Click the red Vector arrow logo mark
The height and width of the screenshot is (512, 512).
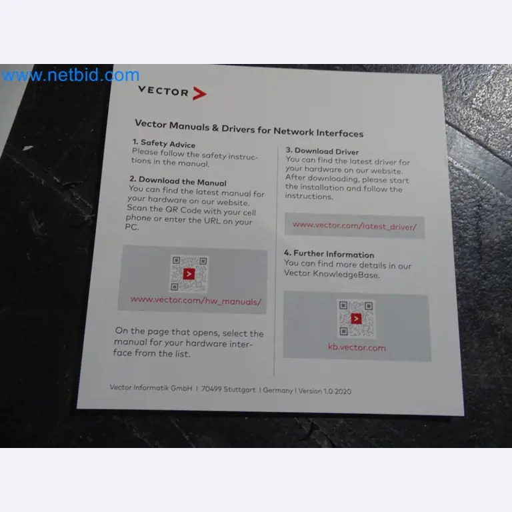pyautogui.click(x=199, y=93)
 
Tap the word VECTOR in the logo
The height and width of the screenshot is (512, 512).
pyautogui.click(x=163, y=91)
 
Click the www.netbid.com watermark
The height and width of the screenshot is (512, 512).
pyautogui.click(x=71, y=75)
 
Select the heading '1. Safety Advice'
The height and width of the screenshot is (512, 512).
pyautogui.click(x=164, y=143)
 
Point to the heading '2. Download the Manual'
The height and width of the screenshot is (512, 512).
pyautogui.click(x=177, y=181)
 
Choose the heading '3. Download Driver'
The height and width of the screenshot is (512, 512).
pyautogui.click(x=322, y=151)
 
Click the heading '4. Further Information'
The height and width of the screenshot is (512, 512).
pyautogui.click(x=329, y=254)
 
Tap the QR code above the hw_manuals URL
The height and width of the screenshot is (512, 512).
pyautogui.click(x=189, y=273)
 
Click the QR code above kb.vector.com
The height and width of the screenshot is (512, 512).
pyautogui.click(x=356, y=319)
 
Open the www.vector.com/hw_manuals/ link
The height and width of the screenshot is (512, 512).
pyautogui.click(x=196, y=301)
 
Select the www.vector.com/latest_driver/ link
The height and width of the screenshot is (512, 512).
pyautogui.click(x=355, y=225)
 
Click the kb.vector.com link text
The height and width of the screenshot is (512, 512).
pyautogui.click(x=357, y=347)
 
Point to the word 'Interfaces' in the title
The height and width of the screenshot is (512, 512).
pyautogui.click(x=339, y=133)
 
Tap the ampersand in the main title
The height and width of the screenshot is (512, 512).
pyautogui.click(x=215, y=128)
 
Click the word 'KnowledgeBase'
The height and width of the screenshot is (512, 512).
pyautogui.click(x=346, y=274)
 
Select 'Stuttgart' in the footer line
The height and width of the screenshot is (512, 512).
pyautogui.click(x=239, y=389)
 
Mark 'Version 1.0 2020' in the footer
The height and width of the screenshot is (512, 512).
pyautogui.click(x=325, y=391)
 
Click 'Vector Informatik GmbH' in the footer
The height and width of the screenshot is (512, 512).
pyautogui.click(x=151, y=387)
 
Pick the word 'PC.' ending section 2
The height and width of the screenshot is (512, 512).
pyautogui.click(x=132, y=227)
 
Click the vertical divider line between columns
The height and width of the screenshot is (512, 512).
pyautogui.click(x=276, y=261)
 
